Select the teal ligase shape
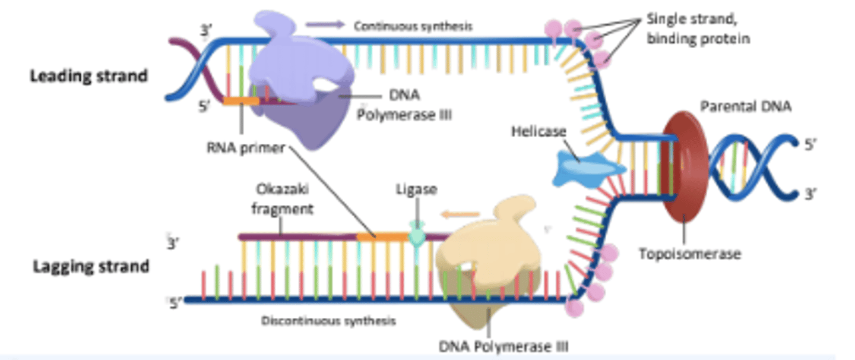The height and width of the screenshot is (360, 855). pos(418,236)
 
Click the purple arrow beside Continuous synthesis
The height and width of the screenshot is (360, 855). pos(325,25)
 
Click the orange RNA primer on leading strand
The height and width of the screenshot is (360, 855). pos(241,101)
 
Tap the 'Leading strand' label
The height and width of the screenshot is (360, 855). pos(89,76)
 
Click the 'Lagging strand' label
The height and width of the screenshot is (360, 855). pos(90,266)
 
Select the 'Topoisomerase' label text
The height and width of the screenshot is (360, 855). pos(689,254)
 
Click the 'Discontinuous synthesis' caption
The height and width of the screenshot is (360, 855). pos(328,321)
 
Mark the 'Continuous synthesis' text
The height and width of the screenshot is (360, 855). pos(413,26)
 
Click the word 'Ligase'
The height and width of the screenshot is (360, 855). pos(416,190)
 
